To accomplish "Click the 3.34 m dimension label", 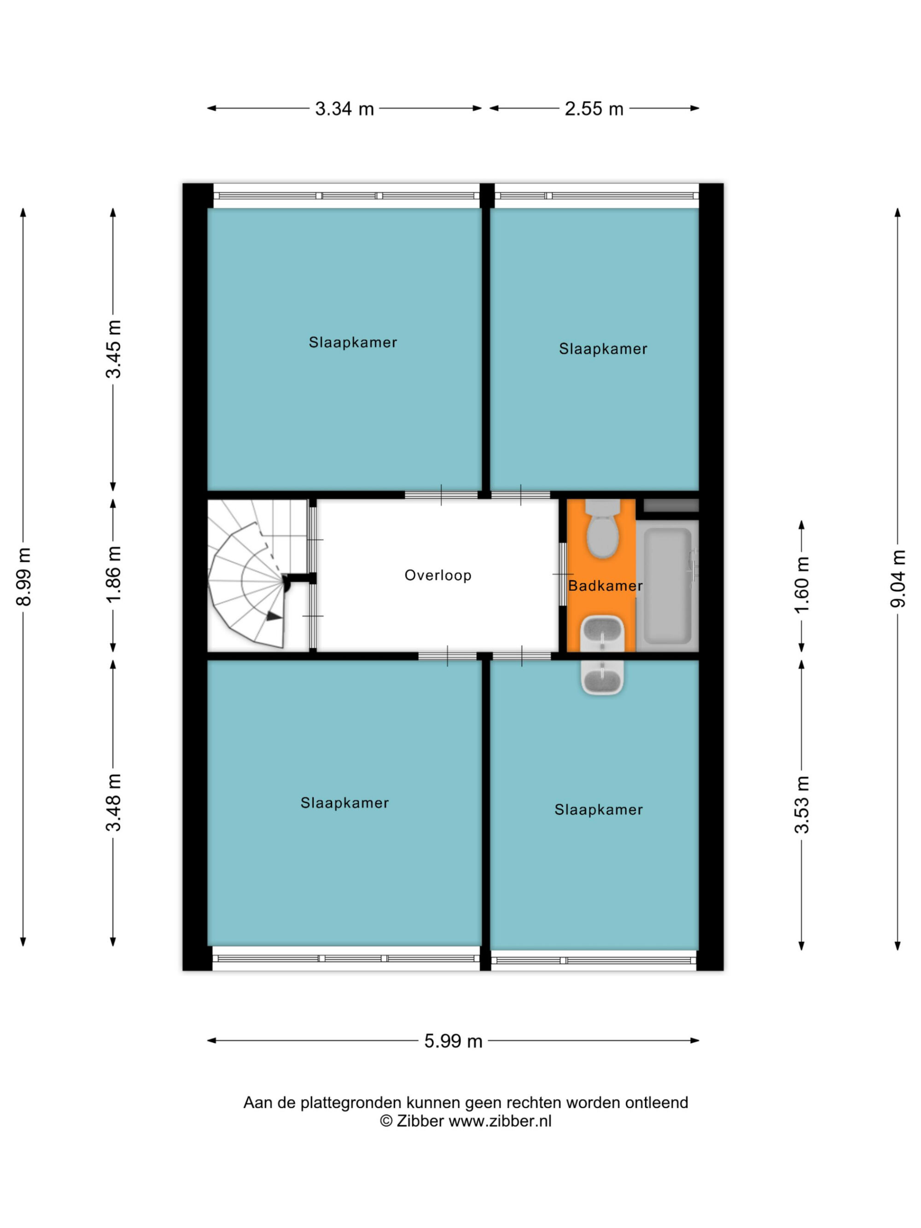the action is (x=344, y=109).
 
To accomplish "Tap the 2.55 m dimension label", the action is (x=594, y=109).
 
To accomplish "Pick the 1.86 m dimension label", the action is (x=113, y=575).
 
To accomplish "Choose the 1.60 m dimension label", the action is (x=802, y=585).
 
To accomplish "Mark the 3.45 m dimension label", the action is (x=113, y=349).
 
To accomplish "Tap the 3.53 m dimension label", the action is (x=802, y=804).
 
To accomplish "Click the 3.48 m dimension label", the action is (x=113, y=802).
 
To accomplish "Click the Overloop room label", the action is (x=438, y=575).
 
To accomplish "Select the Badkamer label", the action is (x=605, y=586).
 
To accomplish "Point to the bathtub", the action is (x=667, y=586).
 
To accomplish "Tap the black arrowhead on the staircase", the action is (x=274, y=616).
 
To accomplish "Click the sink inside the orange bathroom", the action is (x=602, y=634).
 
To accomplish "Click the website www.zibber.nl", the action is (x=500, y=1121).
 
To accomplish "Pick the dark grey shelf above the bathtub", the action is (x=670, y=505).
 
